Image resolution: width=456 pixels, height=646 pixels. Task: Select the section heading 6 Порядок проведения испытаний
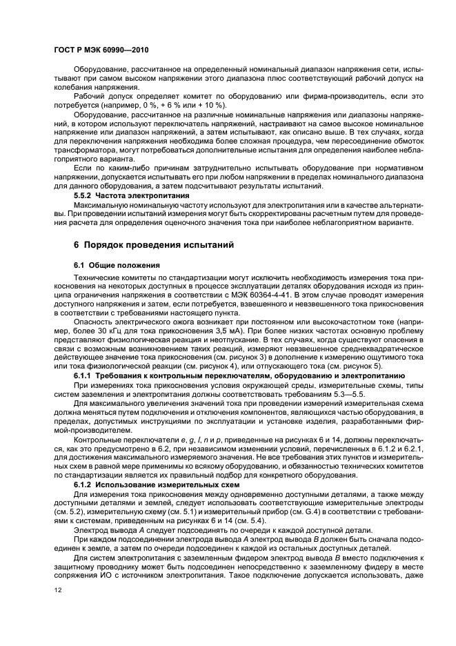154,244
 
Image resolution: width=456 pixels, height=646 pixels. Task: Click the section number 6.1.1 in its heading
85,374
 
